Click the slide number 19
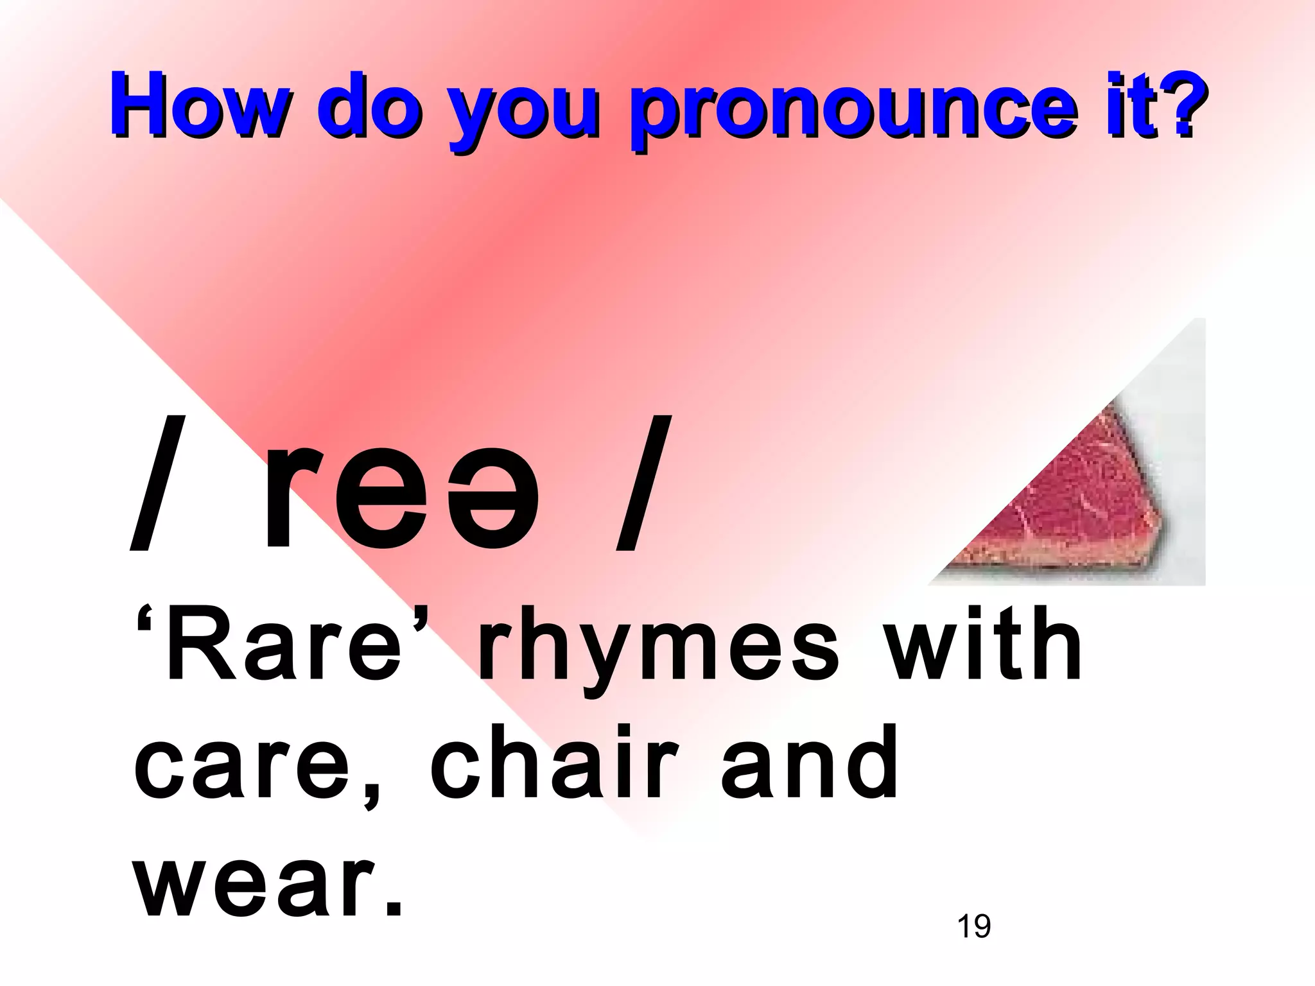[x=973, y=926]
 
